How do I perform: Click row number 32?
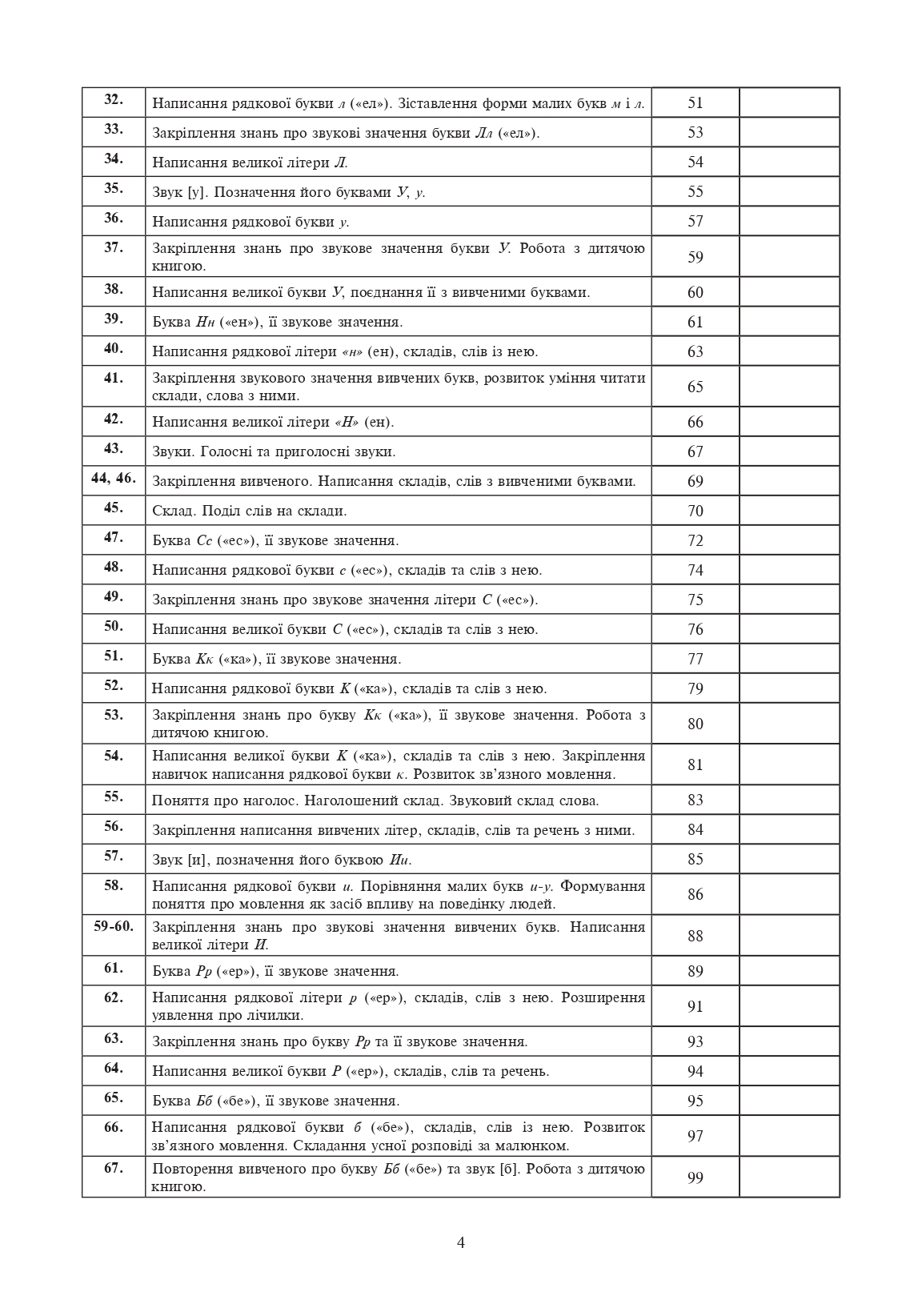click(113, 99)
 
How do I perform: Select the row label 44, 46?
click(113, 479)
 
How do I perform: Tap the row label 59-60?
click(113, 926)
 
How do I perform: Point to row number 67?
click(113, 1168)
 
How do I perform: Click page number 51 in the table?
click(695, 102)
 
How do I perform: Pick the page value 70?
click(695, 511)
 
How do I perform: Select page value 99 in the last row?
click(695, 1178)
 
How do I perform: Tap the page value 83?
click(695, 800)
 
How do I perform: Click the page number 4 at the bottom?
click(460, 1242)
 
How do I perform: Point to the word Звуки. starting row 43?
click(173, 451)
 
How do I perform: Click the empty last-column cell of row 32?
click(789, 102)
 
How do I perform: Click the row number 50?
click(113, 626)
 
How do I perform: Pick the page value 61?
click(695, 322)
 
